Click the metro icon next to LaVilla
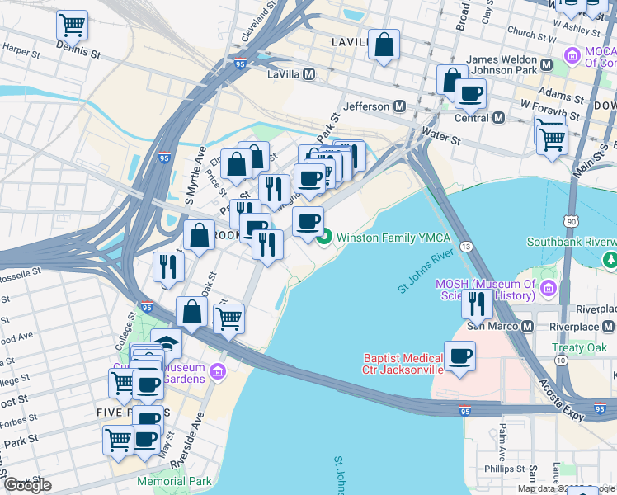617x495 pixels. pyautogui.click(x=309, y=74)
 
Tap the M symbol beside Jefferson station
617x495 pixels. pyautogui.click(x=400, y=106)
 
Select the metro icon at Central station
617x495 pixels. pyautogui.click(x=498, y=118)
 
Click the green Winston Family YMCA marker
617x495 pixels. pyautogui.click(x=324, y=238)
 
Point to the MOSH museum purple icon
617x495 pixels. pyautogui.click(x=550, y=288)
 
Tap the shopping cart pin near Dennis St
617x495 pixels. pyautogui.click(x=73, y=26)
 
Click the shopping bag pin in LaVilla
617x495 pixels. pyautogui.click(x=384, y=45)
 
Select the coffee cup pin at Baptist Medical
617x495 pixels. pyautogui.click(x=460, y=356)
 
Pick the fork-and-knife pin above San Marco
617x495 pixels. pyautogui.click(x=477, y=304)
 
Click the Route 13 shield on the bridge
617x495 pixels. pyautogui.click(x=467, y=247)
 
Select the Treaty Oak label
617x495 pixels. pyautogui.click(x=579, y=347)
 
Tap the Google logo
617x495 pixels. pyautogui.click(x=27, y=484)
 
